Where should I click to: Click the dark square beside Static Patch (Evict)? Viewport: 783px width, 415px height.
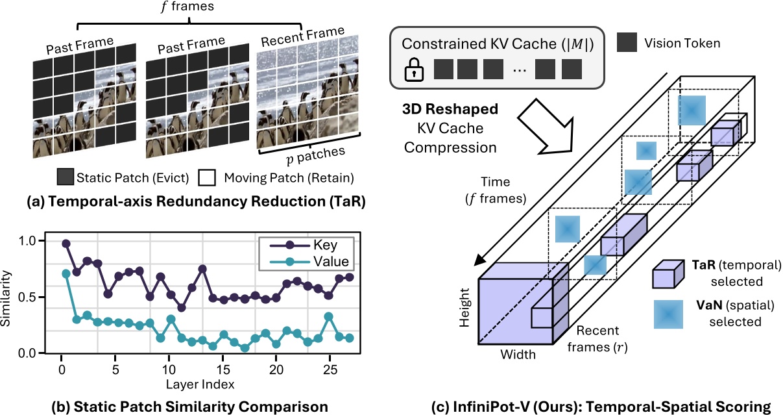click(65, 177)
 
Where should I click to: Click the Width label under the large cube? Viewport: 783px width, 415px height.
click(517, 355)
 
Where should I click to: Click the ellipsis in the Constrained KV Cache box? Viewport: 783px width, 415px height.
click(520, 70)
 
